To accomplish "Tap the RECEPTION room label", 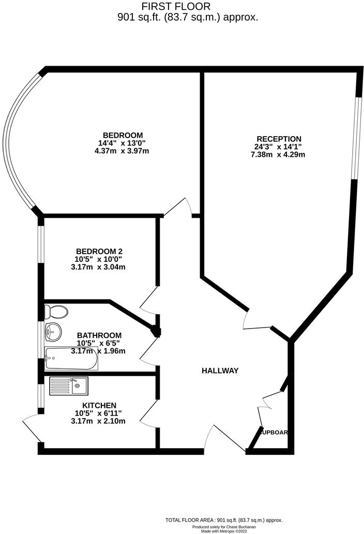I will point(279,139).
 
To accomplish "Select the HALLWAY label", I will point(220,370).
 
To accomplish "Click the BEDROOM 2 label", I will point(99,251).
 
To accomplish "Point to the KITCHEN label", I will point(99,405).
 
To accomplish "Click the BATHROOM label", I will point(99,335).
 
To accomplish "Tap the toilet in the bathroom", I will point(56,312).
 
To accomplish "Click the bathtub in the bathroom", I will point(71,359).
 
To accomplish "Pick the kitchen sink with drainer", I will point(68,385).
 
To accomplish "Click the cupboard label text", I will point(275,433).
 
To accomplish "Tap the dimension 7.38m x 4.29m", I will point(279,154).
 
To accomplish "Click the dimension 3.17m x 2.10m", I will point(99,421).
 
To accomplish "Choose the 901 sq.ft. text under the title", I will point(187,17).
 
